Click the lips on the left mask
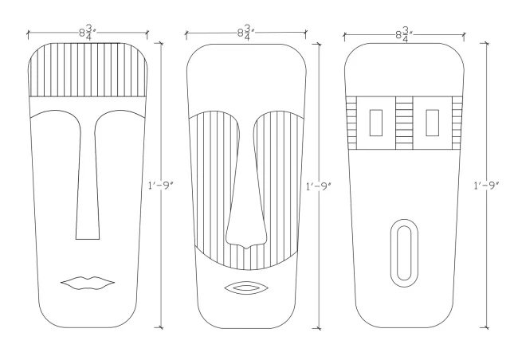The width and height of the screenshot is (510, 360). click(88, 283)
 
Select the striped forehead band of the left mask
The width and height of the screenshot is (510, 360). click(88, 69)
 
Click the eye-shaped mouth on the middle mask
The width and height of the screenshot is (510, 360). click(246, 288)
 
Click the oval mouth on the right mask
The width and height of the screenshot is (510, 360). click(404, 253)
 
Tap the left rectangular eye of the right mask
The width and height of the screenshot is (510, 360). click(375, 123)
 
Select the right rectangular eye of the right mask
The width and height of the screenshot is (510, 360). click(432, 123)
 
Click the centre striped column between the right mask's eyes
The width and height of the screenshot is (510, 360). click(404, 123)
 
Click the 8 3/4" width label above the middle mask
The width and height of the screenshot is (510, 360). click(246, 33)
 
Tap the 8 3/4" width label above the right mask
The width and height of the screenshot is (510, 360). click(404, 34)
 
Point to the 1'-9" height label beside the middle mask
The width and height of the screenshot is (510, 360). click(319, 186)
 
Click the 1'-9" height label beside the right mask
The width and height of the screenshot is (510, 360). click(487, 186)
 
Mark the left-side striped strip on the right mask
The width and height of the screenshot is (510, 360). click(351, 123)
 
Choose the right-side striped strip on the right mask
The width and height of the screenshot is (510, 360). click(457, 123)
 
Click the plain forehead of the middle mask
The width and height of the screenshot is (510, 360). click(246, 78)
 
